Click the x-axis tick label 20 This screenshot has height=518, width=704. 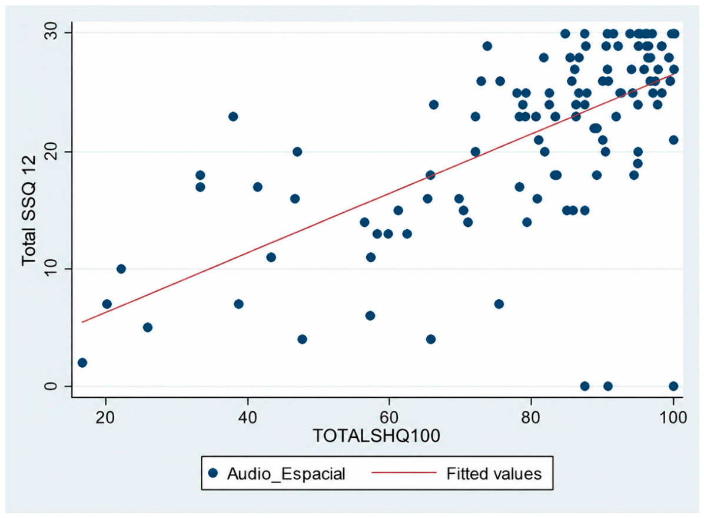[x=105, y=417]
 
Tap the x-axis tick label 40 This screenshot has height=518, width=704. [x=247, y=417]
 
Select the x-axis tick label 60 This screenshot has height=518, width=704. [x=389, y=417]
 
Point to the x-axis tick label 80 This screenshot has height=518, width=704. [x=531, y=417]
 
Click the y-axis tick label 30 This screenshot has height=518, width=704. [x=52, y=33]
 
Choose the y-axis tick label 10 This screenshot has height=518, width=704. [x=52, y=269]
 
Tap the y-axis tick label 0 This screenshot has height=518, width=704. [x=52, y=386]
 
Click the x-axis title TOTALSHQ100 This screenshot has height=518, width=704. [x=376, y=435]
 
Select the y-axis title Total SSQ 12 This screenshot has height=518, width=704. [x=29, y=210]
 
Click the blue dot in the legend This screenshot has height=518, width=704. [x=213, y=473]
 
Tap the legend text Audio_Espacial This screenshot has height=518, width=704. [x=286, y=474]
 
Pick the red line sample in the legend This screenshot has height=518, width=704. [x=404, y=473]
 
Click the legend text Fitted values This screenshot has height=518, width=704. [x=494, y=473]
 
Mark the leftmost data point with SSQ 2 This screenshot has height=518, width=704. [x=82, y=362]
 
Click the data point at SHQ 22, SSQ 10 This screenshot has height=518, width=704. [x=121, y=269]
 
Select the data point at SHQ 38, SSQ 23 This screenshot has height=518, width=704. [x=233, y=117]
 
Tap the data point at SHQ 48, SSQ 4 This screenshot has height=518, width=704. [x=302, y=339]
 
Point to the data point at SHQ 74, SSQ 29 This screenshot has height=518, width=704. [x=487, y=46]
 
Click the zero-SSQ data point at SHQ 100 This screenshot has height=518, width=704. [x=673, y=386]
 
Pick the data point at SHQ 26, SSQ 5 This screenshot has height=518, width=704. [x=148, y=327]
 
